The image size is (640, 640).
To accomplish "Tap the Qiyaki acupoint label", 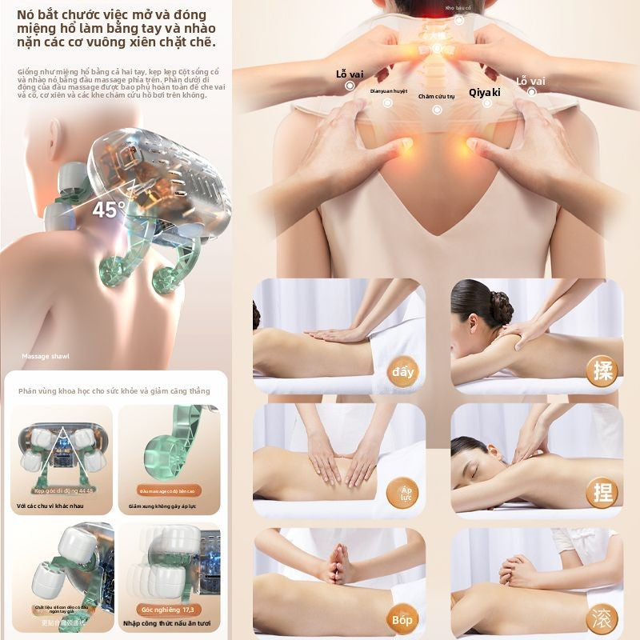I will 485,92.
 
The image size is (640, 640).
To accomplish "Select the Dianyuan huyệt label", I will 389,91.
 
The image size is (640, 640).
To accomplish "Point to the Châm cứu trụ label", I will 436,96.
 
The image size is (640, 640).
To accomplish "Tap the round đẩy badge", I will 402,372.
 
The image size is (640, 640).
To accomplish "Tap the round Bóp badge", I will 402,618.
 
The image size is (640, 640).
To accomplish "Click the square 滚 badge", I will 601,618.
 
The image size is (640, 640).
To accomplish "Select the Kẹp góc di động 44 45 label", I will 64,490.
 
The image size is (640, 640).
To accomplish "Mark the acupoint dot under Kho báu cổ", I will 459,20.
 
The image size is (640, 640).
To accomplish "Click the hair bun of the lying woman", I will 501,306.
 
